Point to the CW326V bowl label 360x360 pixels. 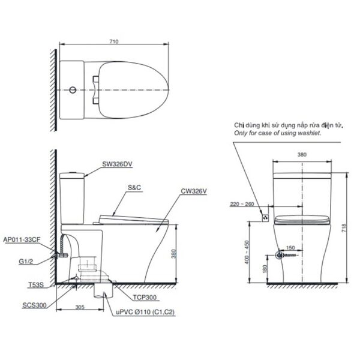[194, 192]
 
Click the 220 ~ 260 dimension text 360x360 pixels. [242, 205]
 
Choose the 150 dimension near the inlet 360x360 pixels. [290, 247]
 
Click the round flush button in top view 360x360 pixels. [73, 90]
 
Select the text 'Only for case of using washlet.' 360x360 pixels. [278, 133]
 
